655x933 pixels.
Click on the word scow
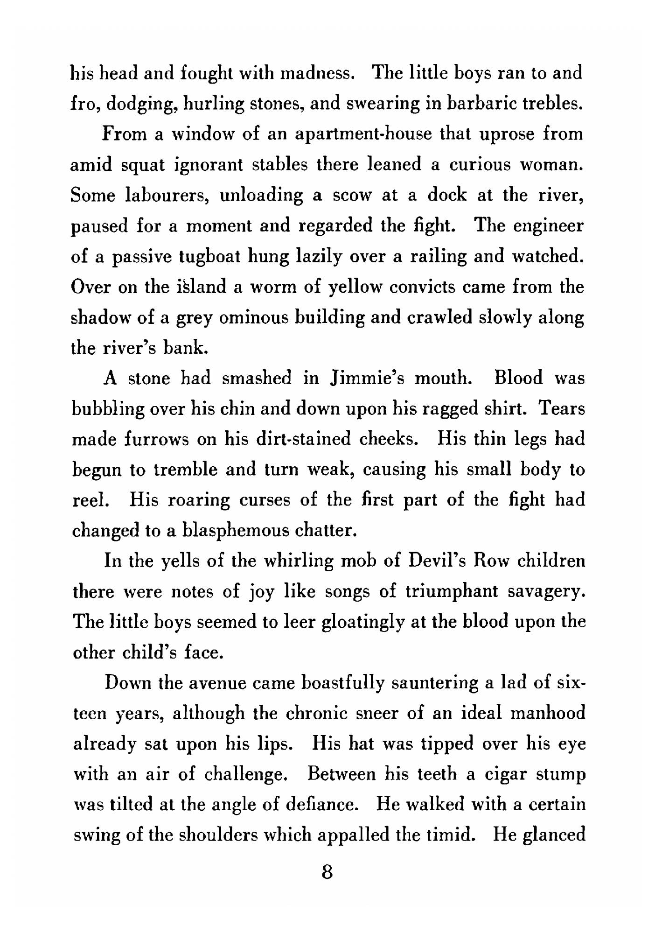coord(351,195)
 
